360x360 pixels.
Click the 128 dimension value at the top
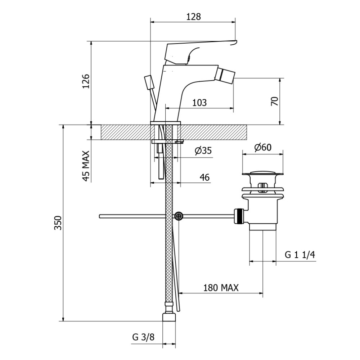click(193, 17)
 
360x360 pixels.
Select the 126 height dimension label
click(86, 81)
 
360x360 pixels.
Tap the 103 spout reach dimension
click(199, 103)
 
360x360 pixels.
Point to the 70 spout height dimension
click(275, 101)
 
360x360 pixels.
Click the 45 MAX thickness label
click(86, 166)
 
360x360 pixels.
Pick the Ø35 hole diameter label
click(203, 150)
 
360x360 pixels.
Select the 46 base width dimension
click(204, 177)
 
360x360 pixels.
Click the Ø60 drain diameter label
click(263, 147)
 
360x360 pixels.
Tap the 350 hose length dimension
click(58, 223)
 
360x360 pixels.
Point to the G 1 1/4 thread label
click(300, 255)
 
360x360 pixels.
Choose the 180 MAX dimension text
click(221, 288)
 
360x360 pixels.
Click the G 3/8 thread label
click(143, 337)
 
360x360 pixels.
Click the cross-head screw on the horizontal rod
click(179, 216)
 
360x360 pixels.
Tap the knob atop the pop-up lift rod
click(149, 82)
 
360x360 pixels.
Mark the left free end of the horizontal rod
click(100, 216)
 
